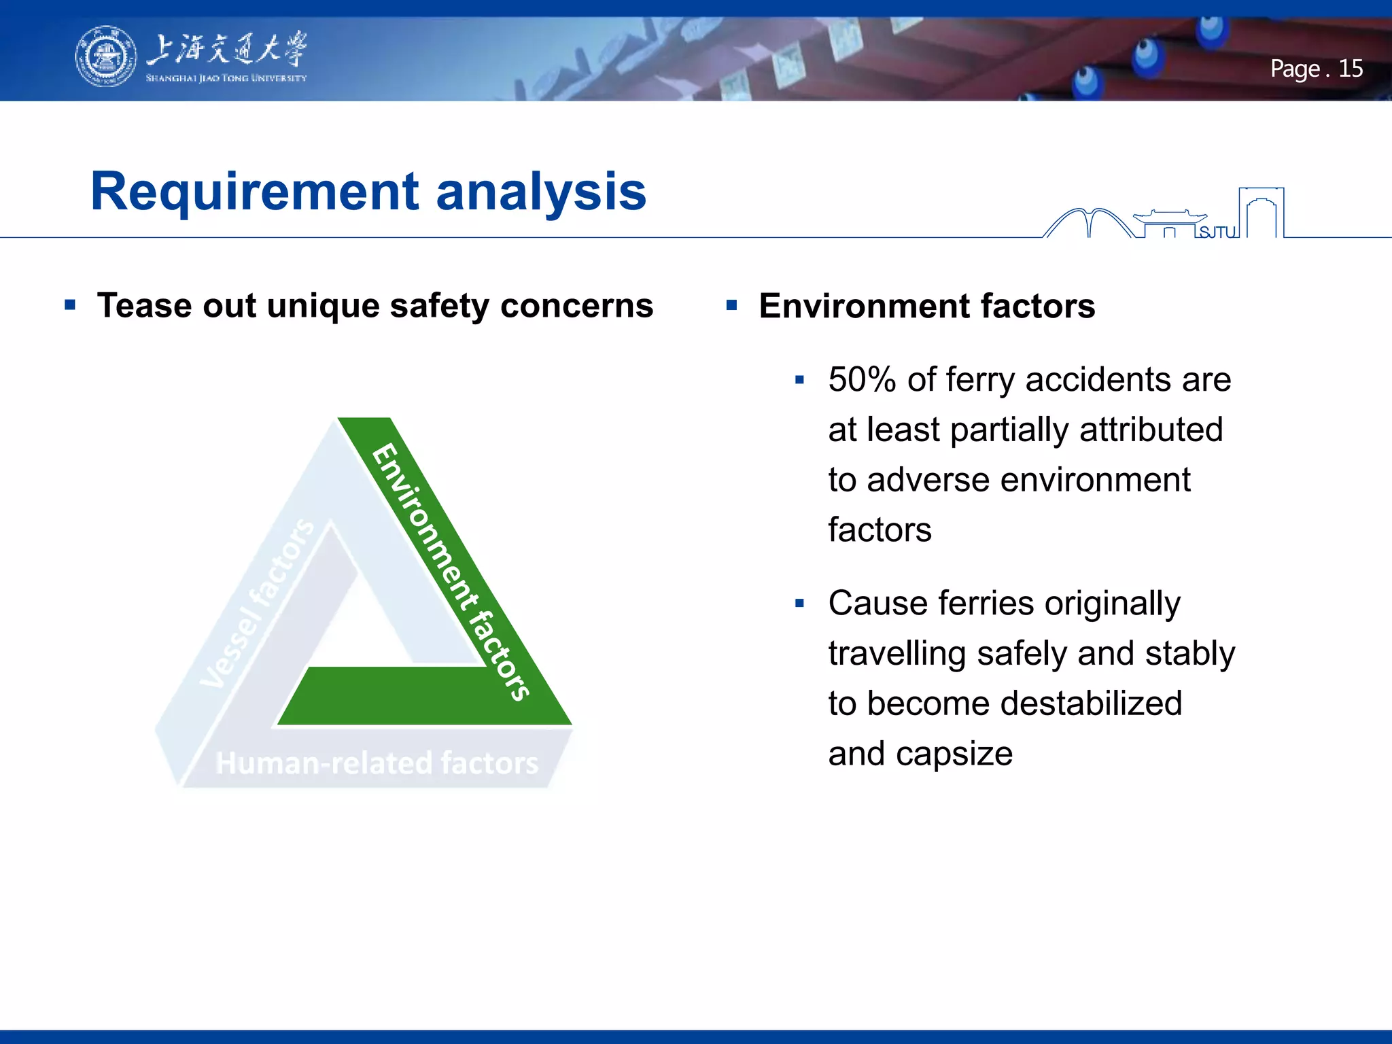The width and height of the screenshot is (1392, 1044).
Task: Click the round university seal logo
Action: [105, 56]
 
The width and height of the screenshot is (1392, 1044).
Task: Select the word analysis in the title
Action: [541, 192]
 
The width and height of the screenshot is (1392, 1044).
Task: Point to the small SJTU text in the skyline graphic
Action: [1216, 232]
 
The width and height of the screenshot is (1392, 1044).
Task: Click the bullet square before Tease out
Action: [70, 304]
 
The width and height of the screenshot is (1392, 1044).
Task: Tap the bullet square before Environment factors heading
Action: [731, 304]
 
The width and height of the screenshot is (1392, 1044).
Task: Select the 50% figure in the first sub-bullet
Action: [862, 379]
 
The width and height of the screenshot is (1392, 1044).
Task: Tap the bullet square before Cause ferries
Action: [799, 603]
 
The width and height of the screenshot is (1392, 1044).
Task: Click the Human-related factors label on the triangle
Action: [377, 763]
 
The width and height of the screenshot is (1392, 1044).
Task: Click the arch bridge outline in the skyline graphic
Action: [1088, 221]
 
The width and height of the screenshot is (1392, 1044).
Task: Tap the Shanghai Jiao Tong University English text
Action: [226, 78]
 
